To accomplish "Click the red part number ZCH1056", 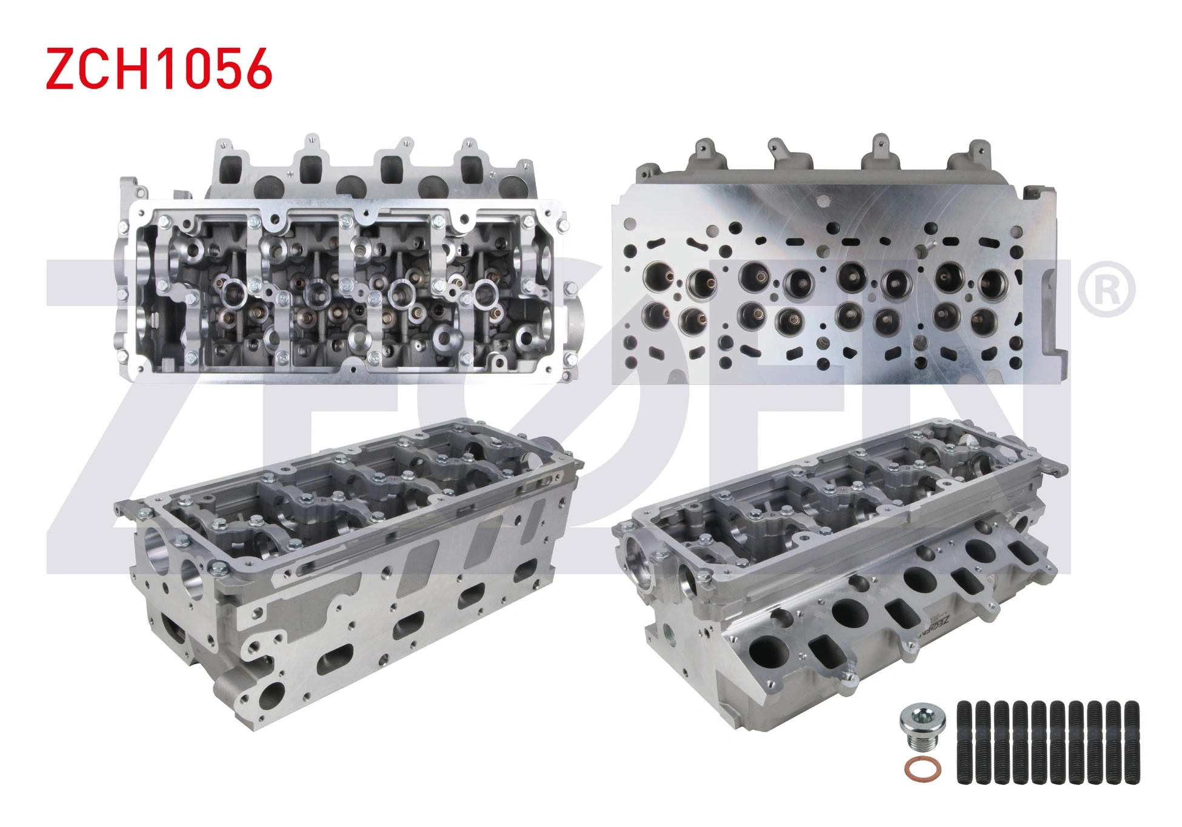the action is coord(159,68).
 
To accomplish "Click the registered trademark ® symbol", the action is coord(1106,289).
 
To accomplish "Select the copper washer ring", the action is coord(922,768).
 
